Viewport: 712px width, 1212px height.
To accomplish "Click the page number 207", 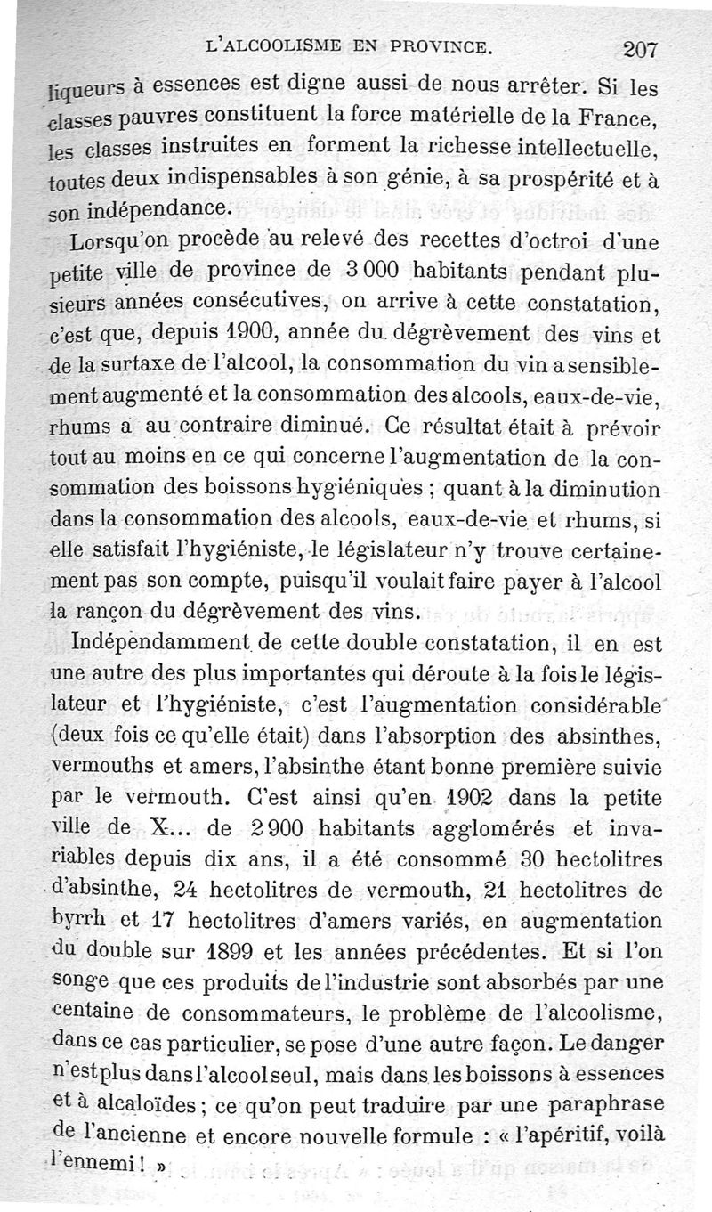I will tap(641, 50).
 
